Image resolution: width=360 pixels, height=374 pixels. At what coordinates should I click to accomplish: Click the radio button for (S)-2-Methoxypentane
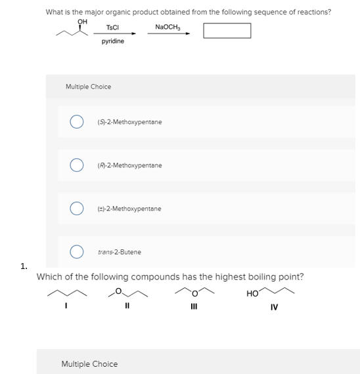77,122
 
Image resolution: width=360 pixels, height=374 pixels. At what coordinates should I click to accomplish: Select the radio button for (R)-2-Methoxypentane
77,165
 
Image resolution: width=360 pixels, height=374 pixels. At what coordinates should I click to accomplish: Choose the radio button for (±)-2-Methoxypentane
77,209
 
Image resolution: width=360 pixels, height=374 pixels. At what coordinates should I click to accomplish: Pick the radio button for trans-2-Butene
77,252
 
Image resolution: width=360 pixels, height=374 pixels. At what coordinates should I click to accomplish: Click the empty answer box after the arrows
227,31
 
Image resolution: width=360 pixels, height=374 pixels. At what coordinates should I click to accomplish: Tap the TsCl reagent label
112,27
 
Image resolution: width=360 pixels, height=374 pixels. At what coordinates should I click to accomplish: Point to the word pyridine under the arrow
112,41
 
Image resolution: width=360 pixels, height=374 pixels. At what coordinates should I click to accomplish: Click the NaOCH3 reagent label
168,27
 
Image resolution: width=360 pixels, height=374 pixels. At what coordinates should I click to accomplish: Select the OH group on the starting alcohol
82,22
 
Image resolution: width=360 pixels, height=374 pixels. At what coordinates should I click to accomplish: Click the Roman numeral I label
66,306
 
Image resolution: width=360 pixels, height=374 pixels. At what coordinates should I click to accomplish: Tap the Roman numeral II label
127,306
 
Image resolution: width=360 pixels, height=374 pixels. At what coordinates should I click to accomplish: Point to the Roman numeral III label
194,306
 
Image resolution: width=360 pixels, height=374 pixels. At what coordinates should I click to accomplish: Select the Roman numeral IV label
274,306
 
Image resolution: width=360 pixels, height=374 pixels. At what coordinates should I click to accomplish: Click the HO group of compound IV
252,293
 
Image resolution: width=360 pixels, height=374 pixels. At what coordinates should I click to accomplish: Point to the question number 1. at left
24,266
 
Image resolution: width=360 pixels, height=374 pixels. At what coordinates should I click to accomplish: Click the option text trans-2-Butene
120,252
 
